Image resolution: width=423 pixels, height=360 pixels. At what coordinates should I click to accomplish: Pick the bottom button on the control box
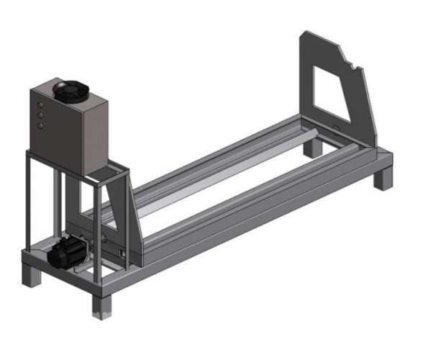point(40,125)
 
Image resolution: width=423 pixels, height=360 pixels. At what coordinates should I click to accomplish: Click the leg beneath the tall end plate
point(312,148)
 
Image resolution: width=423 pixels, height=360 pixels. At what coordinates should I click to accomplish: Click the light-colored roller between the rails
point(230,184)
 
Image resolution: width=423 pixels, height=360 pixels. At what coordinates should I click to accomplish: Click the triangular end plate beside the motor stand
point(134,216)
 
